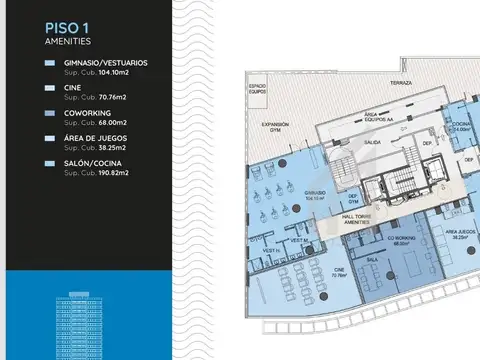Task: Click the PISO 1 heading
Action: coord(66,28)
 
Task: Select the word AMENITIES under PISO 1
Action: coord(69,43)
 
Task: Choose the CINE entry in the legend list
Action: coord(73,89)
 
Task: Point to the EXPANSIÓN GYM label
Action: coord(275,128)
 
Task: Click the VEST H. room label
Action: coord(270,250)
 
